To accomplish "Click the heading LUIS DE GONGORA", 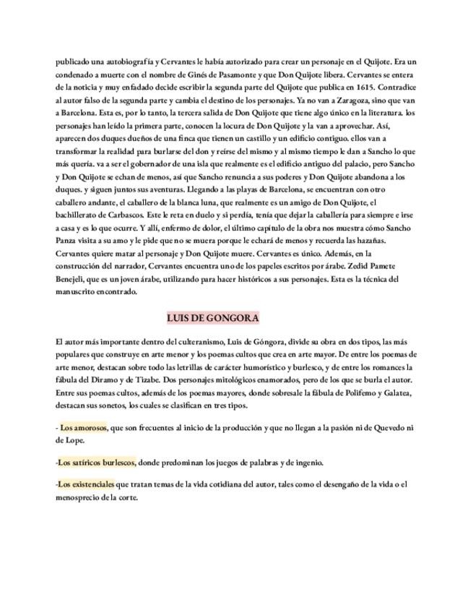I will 212,318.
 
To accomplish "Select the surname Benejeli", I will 74,279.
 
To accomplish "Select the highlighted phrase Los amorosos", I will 84,428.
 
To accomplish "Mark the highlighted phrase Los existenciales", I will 87,484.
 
